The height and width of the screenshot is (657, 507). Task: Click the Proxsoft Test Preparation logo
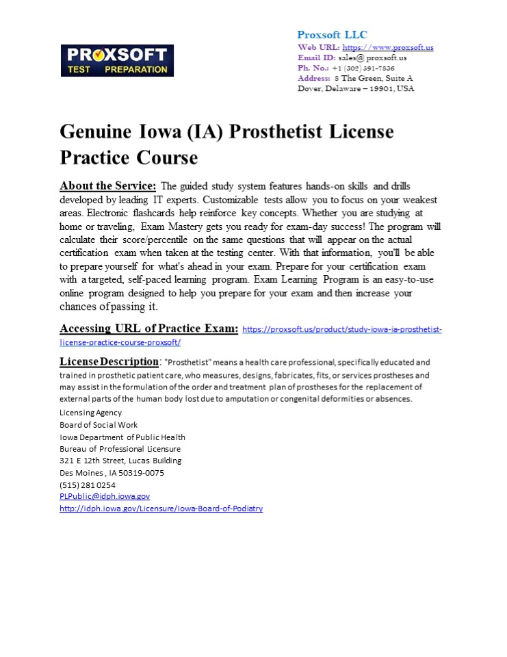(117, 60)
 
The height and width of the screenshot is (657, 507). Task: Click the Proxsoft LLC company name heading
(332, 35)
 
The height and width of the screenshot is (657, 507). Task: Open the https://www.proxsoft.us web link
(387, 47)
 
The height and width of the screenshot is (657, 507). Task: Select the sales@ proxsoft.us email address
(372, 57)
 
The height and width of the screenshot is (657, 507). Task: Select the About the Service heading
(107, 186)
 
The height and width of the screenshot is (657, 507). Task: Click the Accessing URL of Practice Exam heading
(148, 328)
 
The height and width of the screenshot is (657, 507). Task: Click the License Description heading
(109, 361)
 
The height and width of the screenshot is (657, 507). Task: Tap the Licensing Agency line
(90, 413)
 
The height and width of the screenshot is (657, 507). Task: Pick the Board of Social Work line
(99, 425)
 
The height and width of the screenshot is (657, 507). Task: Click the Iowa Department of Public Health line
(122, 437)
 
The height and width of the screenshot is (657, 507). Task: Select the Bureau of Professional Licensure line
(120, 449)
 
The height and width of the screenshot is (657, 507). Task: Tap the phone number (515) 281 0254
(87, 485)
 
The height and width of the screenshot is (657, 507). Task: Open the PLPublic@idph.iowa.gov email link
(104, 496)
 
